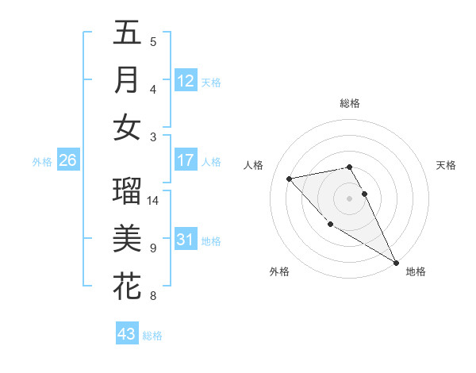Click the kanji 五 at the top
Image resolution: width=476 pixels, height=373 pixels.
click(x=127, y=33)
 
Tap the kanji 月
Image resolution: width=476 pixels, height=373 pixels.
click(x=127, y=80)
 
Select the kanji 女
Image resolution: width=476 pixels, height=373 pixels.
click(x=127, y=128)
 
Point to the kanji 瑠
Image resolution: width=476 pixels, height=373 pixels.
click(x=127, y=191)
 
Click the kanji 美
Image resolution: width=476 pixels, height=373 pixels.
click(x=127, y=239)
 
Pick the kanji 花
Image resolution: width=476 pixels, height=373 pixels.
click(x=127, y=286)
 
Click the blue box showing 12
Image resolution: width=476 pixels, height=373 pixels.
click(x=186, y=81)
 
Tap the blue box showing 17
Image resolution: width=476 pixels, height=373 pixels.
click(x=186, y=160)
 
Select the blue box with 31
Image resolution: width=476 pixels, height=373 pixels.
click(x=186, y=240)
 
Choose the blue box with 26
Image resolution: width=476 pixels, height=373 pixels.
click(x=67, y=160)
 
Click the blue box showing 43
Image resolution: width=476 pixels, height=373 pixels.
click(x=126, y=334)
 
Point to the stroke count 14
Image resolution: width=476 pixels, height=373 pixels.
click(x=153, y=201)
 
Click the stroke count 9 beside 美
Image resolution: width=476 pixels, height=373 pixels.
click(x=153, y=248)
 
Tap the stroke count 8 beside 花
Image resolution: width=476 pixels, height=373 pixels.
click(x=153, y=296)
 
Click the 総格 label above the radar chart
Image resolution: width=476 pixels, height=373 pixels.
click(x=350, y=103)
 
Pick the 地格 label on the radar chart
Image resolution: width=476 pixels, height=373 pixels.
click(x=416, y=271)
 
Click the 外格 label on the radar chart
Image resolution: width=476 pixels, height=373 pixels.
click(x=279, y=271)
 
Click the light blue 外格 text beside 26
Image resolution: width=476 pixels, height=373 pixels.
click(x=42, y=162)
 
